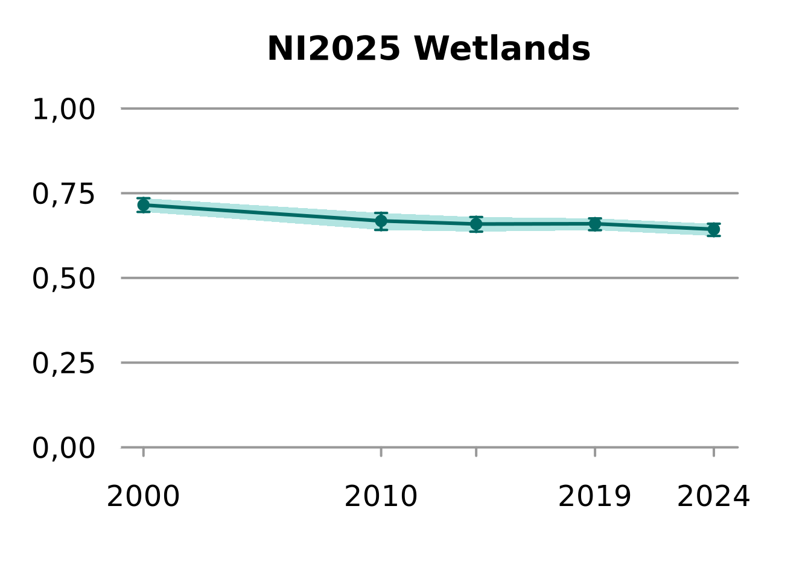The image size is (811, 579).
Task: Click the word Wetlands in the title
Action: click(x=502, y=49)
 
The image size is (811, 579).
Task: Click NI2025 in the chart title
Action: click(x=334, y=49)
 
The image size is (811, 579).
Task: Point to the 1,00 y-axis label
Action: click(x=63, y=110)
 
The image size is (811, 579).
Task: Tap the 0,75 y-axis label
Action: click(x=63, y=194)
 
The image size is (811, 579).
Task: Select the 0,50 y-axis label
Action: click(x=63, y=279)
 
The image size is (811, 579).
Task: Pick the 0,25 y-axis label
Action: click(x=63, y=364)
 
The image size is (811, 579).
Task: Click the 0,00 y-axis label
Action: click(x=63, y=448)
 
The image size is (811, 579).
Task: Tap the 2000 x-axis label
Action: click(x=143, y=497)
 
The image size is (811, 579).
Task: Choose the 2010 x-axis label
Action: click(x=381, y=497)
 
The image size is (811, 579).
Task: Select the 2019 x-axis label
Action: click(x=594, y=497)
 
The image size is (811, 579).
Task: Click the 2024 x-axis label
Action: click(x=713, y=497)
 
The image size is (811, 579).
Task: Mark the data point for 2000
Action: click(x=143, y=205)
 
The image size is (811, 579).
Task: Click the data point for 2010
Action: click(x=381, y=221)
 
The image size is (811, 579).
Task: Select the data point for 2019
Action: click(x=595, y=224)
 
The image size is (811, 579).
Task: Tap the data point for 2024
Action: click(x=714, y=229)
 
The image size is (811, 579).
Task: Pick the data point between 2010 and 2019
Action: click(x=476, y=224)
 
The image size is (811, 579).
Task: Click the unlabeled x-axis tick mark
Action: click(x=476, y=452)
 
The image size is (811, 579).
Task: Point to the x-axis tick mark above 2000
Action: click(x=144, y=452)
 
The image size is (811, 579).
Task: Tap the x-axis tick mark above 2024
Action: click(x=714, y=452)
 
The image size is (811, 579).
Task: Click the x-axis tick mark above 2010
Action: click(x=381, y=452)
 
